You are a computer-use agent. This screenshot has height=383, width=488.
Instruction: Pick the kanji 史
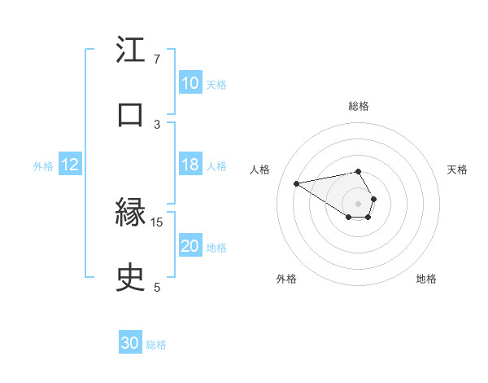pos(131,279)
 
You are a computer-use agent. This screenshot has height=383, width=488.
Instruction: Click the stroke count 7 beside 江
pos(156,59)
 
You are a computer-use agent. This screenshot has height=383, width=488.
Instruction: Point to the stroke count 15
pos(157,222)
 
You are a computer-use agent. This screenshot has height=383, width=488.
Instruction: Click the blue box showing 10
pos(190,83)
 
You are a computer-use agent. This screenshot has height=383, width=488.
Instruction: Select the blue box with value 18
pos(190,165)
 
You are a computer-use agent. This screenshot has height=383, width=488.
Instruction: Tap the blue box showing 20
pos(190,246)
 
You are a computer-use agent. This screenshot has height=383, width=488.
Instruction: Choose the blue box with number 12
pos(69,165)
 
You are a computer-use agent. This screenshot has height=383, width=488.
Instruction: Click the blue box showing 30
pos(130,343)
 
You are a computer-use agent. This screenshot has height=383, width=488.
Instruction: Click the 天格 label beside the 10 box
pos(216,84)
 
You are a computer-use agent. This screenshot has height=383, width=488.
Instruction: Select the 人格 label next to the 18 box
pos(216,165)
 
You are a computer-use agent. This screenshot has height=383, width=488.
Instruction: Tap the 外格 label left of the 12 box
pos(43,165)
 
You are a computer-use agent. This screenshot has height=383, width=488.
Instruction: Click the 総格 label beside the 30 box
pos(156,344)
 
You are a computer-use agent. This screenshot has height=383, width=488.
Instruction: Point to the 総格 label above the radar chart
pos(359,106)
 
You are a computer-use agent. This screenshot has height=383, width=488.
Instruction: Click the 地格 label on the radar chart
pos(426,279)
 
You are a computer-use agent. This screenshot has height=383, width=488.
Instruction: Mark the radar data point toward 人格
pos(297,183)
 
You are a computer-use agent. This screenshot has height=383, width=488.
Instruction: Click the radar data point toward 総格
pos(358,171)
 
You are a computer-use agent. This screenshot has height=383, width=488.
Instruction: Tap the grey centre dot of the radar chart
pos(358,203)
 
